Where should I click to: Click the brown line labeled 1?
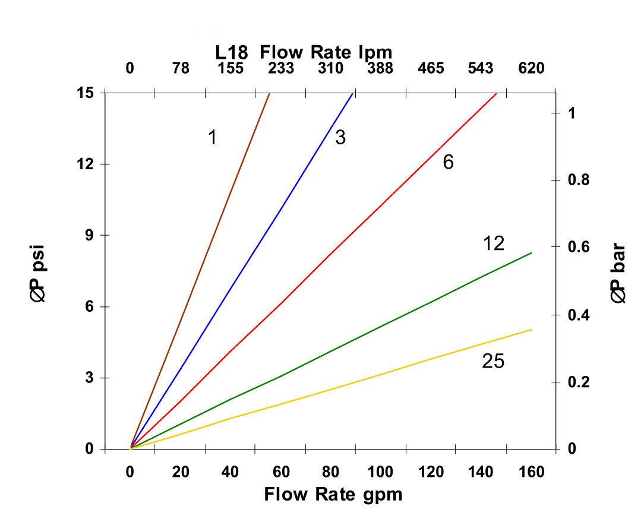[200, 270]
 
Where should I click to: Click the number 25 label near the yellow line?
[493, 361]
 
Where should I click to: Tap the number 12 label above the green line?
[493, 243]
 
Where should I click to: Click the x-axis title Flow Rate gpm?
[333, 494]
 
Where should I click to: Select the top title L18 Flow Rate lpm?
[304, 52]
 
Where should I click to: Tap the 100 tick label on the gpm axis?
[380, 473]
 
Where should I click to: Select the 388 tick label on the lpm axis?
[380, 68]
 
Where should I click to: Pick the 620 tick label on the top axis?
[531, 68]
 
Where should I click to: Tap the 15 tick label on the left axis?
[87, 93]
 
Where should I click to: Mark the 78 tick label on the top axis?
[181, 68]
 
